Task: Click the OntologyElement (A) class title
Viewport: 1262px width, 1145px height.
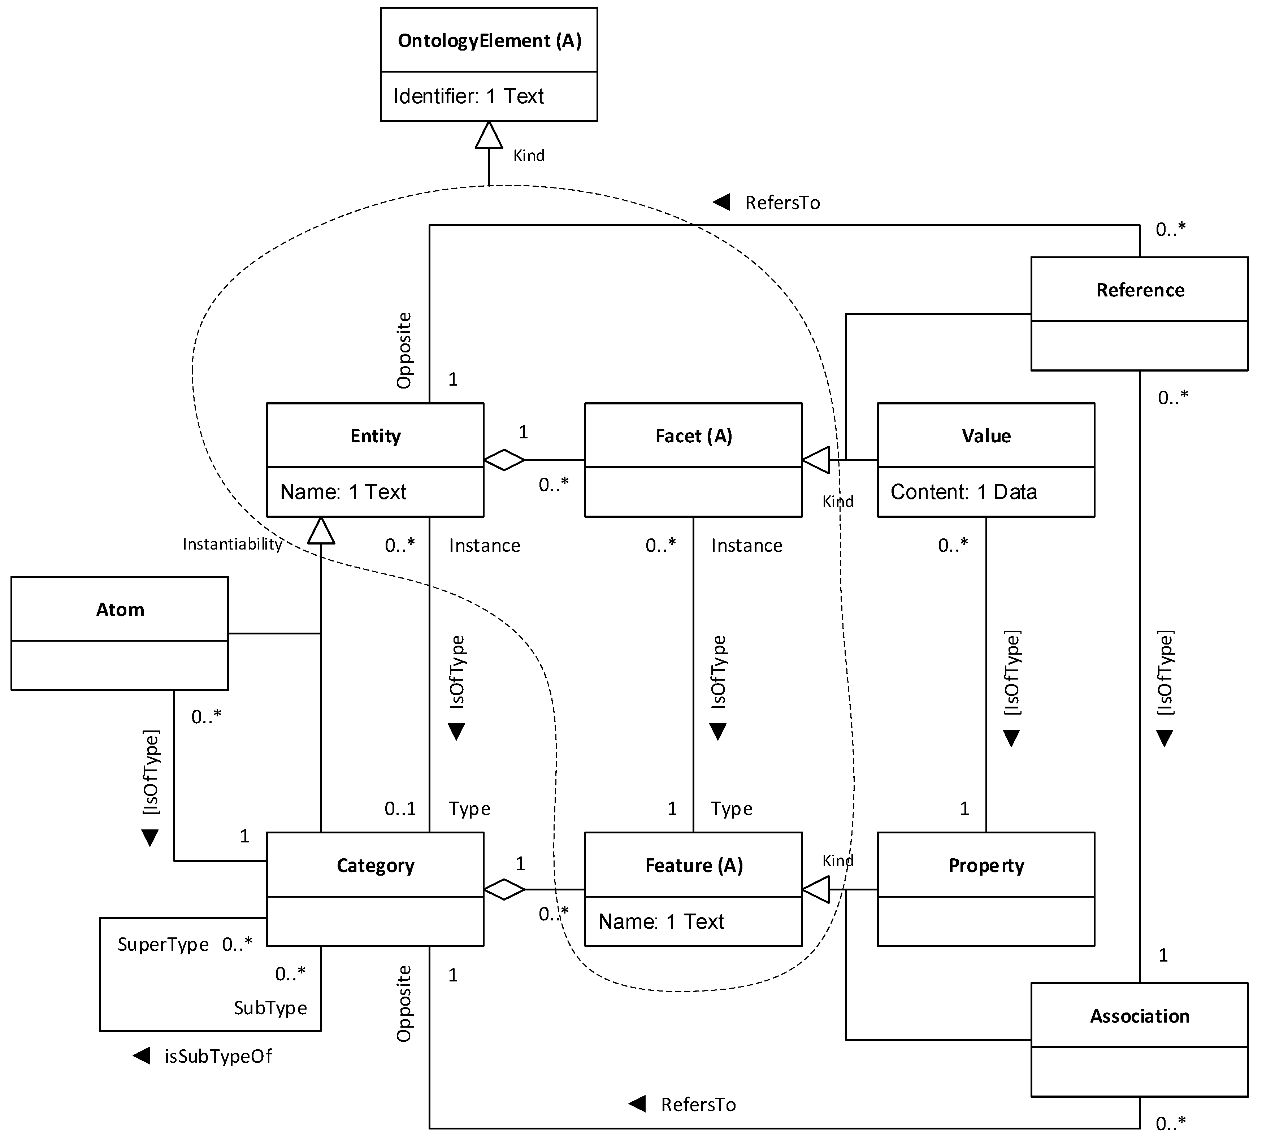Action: coord(490,41)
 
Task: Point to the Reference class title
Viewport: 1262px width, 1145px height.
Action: coord(1140,290)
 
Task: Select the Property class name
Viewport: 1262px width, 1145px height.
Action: coord(986,866)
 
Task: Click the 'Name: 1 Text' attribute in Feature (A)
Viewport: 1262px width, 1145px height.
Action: coord(661,921)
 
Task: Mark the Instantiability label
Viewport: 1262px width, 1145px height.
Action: coord(232,544)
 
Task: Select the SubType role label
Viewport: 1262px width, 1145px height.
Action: coord(270,1008)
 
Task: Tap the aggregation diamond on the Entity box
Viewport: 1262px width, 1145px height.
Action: coord(504,460)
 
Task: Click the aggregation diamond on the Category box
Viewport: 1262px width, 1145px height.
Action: coord(504,890)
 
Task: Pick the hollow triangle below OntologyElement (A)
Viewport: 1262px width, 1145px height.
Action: coord(489,135)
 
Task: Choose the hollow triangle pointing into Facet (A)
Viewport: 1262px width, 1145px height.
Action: coord(816,460)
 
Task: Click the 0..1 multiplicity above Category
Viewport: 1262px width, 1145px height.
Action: coord(400,809)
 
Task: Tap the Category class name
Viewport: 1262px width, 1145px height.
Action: coord(376,866)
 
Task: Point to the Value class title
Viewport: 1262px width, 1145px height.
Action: coord(986,436)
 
